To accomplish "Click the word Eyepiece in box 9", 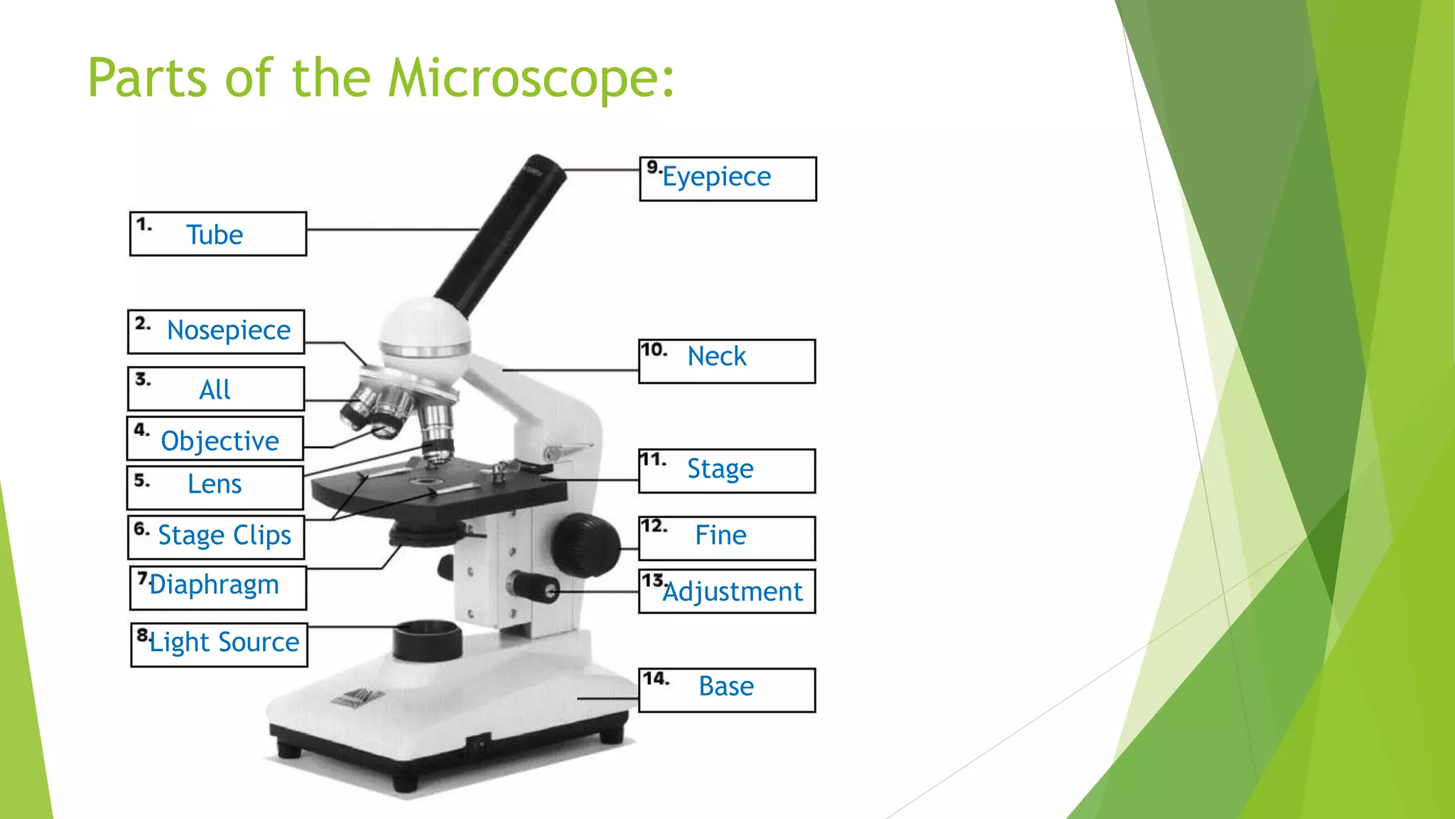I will click(716, 177).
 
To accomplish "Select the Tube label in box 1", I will click(215, 235).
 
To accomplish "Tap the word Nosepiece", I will click(229, 331).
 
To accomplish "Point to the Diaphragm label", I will click(214, 585).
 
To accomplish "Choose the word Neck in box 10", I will click(717, 356).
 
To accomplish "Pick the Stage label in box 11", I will click(720, 469).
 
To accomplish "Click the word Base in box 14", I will click(726, 687).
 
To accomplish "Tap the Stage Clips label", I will click(225, 535).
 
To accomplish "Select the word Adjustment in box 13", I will click(732, 592).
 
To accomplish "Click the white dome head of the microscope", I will click(425, 331).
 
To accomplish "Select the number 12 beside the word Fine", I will click(654, 527).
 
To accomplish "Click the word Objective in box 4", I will click(220, 441).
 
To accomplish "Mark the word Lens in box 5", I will click(215, 485).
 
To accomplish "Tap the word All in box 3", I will click(215, 390).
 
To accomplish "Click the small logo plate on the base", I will click(357, 697).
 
